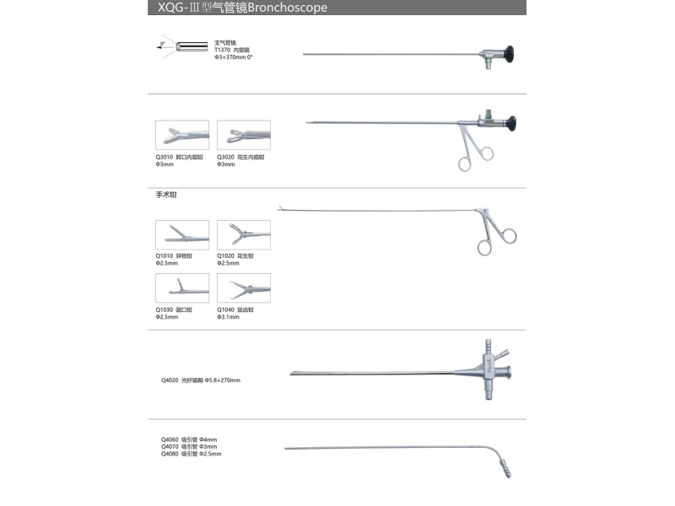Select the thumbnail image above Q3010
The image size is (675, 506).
point(183,135)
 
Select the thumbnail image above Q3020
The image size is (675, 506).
point(244,135)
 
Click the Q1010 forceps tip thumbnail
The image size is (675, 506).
point(183,234)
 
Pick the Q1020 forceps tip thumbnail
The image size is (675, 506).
point(244,234)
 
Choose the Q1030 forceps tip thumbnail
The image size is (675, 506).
point(183,288)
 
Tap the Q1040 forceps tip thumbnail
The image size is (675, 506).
point(244,288)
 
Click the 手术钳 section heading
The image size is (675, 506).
point(166,195)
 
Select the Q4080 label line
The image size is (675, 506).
point(191,454)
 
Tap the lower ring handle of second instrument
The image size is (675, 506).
point(464,164)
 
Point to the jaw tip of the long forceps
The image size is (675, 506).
point(281,208)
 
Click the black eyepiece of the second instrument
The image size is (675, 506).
point(511,124)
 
